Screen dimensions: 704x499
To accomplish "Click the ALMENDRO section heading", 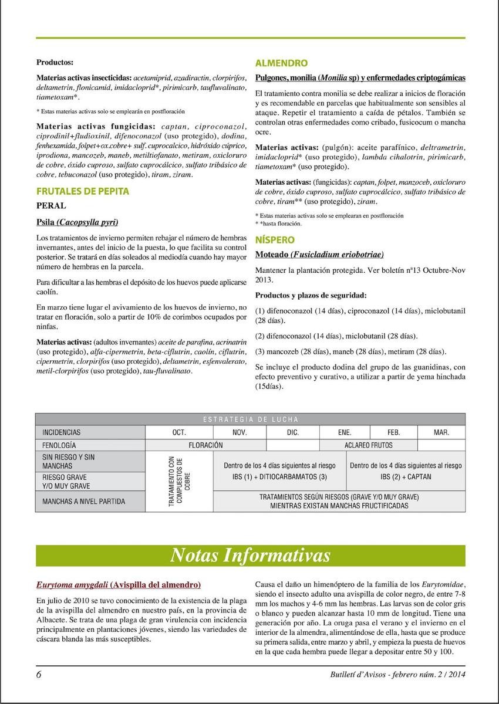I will click(282, 63).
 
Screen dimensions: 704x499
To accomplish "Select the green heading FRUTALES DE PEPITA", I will click(83, 191).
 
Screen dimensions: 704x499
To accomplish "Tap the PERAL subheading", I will click(51, 206).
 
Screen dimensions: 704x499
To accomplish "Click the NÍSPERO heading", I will click(275, 240).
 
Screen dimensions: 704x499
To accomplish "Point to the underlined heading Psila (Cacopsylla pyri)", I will click(77, 222).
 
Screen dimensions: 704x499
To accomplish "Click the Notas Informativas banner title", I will click(249, 555).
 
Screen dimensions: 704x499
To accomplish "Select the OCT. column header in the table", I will click(179, 432).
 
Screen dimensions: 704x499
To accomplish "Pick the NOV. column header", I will click(239, 432).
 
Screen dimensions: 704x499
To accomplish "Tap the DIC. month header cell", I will click(292, 432).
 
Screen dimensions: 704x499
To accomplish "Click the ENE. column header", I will click(345, 432).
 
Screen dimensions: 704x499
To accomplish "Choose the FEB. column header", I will click(394, 432).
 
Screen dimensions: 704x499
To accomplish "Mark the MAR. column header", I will click(441, 432).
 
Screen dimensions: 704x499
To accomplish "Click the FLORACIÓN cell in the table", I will click(205, 445).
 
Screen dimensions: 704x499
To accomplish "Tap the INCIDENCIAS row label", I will click(61, 432).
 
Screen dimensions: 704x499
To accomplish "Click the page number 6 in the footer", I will click(39, 674).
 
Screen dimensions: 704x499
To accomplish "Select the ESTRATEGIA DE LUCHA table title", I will click(251, 419).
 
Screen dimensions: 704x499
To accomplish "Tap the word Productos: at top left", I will click(55, 62).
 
